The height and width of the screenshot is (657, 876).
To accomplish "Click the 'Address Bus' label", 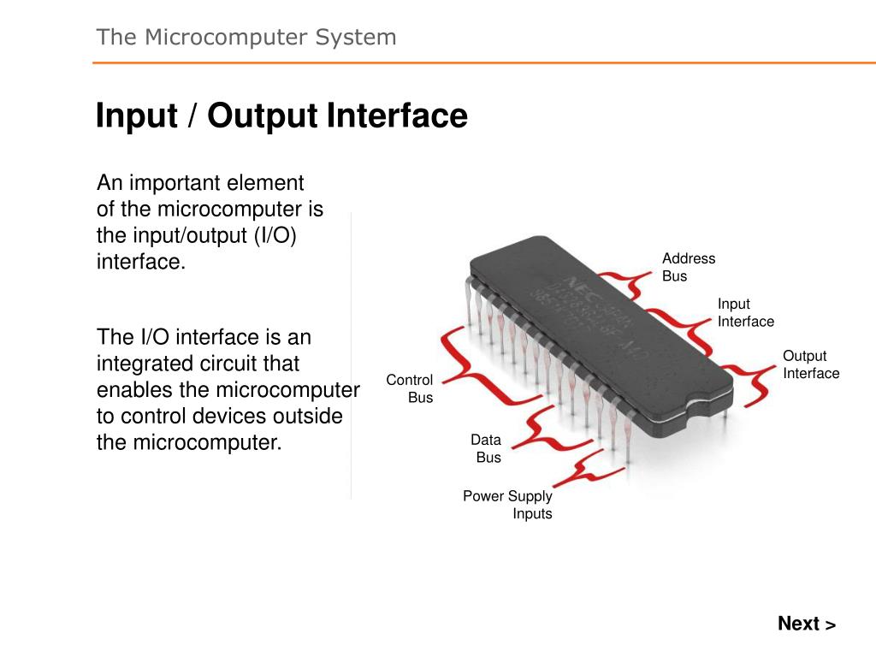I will pyautogui.click(x=688, y=267).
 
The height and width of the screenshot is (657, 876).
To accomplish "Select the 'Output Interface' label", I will pyautogui.click(x=810, y=364).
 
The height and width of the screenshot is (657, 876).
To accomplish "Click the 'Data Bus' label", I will pyautogui.click(x=487, y=448).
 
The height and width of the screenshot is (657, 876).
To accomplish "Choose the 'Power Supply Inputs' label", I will pyautogui.click(x=508, y=505).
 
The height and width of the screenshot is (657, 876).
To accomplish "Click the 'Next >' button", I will pyautogui.click(x=806, y=624).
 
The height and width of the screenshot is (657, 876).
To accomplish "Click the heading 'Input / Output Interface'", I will pyautogui.click(x=281, y=115).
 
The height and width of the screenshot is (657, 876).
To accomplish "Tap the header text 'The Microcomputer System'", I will pyautogui.click(x=246, y=37).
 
